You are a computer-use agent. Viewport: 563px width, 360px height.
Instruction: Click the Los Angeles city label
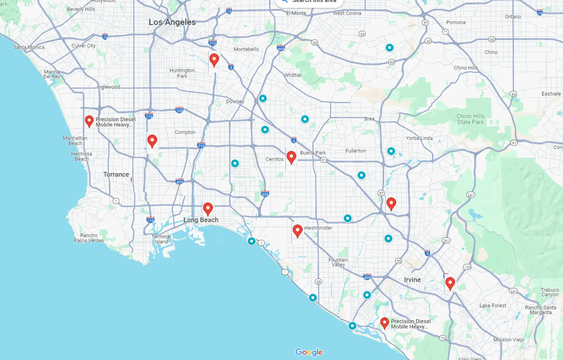pos(172,22)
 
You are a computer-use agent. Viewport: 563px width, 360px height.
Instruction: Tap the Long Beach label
pos(201,220)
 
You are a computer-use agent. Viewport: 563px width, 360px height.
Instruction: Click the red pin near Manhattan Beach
pos(89,121)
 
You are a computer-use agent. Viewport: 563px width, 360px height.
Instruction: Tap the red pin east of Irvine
pos(450,283)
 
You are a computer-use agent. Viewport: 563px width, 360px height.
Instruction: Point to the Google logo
pos(309,352)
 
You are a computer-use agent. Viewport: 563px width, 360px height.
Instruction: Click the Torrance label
pos(116,174)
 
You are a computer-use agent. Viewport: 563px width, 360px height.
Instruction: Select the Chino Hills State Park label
pos(470,119)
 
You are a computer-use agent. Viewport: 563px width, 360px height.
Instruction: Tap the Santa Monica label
pos(29,47)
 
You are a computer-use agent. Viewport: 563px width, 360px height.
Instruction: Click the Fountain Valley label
pos(338,262)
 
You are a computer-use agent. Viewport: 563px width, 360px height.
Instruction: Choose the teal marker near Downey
pos(263,98)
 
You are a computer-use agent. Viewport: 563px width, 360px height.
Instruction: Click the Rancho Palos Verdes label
pos(89,238)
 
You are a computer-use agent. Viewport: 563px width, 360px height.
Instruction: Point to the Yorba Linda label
pos(419,138)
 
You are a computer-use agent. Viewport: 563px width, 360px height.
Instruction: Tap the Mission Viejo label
pos(509,340)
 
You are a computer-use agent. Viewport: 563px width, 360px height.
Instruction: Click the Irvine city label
pos(412,280)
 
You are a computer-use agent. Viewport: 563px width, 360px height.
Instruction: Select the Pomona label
pos(456,22)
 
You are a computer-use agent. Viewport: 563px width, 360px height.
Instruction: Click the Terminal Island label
pos(161,239)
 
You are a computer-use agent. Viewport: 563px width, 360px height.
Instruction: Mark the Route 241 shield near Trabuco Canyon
pos(513,291)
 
